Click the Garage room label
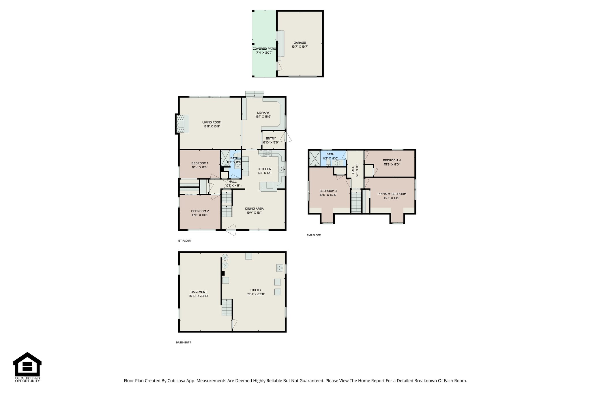tap(300, 43)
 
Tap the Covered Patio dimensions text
tap(264, 53)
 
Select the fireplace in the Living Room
tap(182, 124)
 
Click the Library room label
tap(263, 113)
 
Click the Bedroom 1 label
tap(200, 163)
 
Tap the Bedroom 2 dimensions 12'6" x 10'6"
tap(200, 215)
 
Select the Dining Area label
tap(254, 209)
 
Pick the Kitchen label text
tap(264, 169)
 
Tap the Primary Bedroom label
tap(392, 194)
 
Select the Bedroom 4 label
tap(392, 160)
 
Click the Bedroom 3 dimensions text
tap(328, 195)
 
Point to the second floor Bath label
tap(330, 154)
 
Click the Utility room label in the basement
tap(256, 290)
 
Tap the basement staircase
tap(227, 308)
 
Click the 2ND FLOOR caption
tap(314, 235)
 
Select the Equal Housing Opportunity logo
tap(27, 367)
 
